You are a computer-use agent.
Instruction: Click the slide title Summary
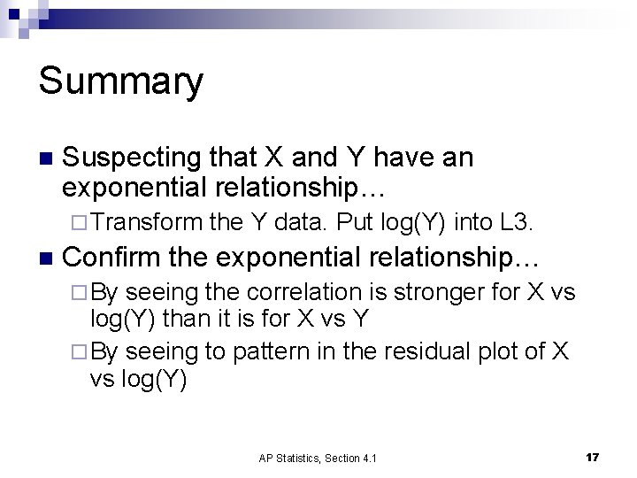tap(121, 81)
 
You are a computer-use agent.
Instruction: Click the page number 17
tap(592, 457)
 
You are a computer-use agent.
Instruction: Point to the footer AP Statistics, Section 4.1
tap(317, 458)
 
